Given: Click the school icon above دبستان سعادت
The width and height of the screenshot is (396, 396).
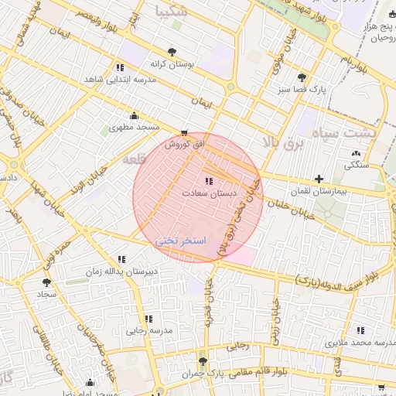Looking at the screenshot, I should click(208, 181).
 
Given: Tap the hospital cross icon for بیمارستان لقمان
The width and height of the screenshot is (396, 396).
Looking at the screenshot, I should click(319, 179).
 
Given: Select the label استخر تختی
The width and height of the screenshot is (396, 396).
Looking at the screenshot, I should click(182, 241).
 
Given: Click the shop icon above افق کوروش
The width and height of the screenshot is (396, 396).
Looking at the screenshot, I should click(183, 133).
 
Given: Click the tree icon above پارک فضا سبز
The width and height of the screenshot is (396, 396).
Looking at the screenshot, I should click(302, 77).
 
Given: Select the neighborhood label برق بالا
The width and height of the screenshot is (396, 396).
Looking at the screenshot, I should click(280, 142).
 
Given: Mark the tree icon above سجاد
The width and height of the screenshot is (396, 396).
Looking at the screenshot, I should click(46, 283).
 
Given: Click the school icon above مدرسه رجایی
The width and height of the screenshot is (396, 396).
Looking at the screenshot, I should click(148, 319).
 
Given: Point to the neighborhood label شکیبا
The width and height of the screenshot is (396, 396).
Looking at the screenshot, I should click(171, 12).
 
